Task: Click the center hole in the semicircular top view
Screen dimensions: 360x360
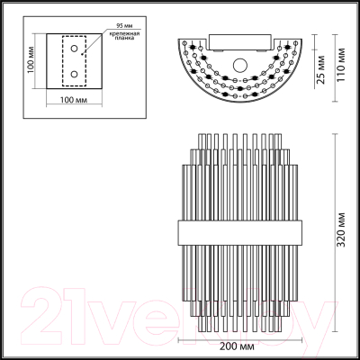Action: click(239, 63)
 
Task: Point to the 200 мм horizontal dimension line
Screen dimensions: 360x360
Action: click(239, 338)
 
